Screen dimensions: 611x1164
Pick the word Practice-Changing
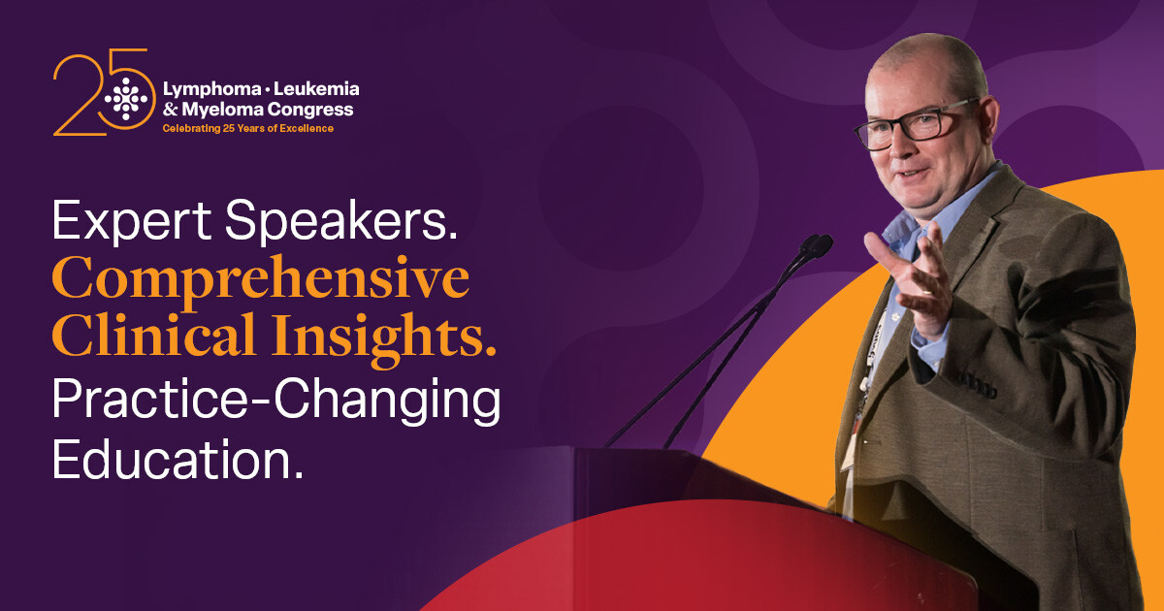[x=276, y=401]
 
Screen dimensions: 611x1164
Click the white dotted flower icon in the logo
[x=127, y=97]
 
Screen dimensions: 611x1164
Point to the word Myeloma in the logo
[x=232, y=109]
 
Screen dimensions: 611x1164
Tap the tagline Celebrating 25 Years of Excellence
[x=247, y=128]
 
